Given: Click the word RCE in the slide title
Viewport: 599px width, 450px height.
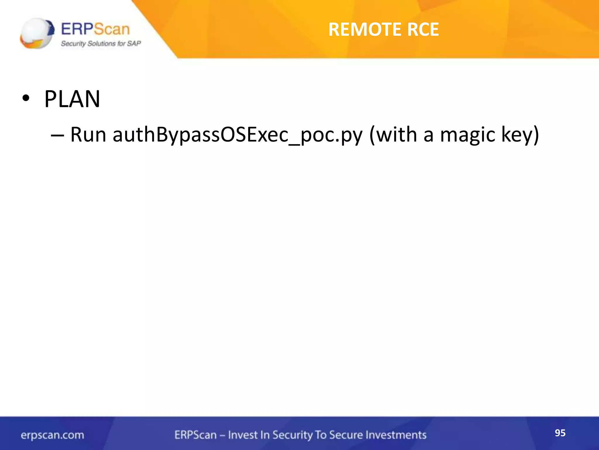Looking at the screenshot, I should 423,30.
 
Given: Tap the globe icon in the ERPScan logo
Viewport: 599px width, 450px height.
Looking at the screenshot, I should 37,33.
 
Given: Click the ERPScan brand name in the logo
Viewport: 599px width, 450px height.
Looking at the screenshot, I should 95,29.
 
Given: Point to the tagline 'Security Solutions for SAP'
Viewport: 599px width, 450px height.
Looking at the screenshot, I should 101,44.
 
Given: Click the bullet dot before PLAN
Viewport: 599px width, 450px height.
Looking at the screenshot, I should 26,99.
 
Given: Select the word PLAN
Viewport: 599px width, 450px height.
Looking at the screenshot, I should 72,99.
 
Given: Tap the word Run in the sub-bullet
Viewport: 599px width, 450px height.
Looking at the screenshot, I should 88,135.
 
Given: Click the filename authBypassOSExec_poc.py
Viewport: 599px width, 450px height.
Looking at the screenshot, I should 237,135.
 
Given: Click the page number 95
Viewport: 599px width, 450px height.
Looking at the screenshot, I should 560,433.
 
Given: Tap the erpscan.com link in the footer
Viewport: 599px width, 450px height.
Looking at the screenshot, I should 52,435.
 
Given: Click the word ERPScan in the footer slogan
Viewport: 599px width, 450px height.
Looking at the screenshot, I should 195,435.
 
